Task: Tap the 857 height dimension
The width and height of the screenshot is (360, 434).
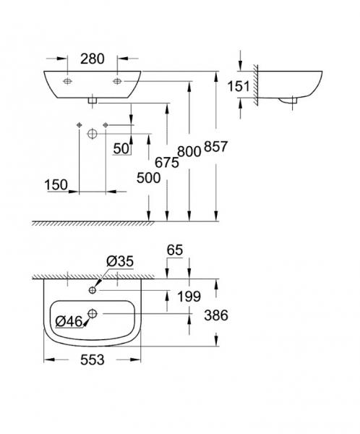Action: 216,147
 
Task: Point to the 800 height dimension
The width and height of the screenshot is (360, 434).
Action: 189,151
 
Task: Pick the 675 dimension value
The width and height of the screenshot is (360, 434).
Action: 166,163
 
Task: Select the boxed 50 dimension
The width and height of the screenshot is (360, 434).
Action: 120,149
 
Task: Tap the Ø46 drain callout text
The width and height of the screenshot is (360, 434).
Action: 68,319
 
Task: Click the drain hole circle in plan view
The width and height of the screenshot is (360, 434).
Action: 93,313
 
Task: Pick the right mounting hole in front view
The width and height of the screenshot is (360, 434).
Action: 117,82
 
